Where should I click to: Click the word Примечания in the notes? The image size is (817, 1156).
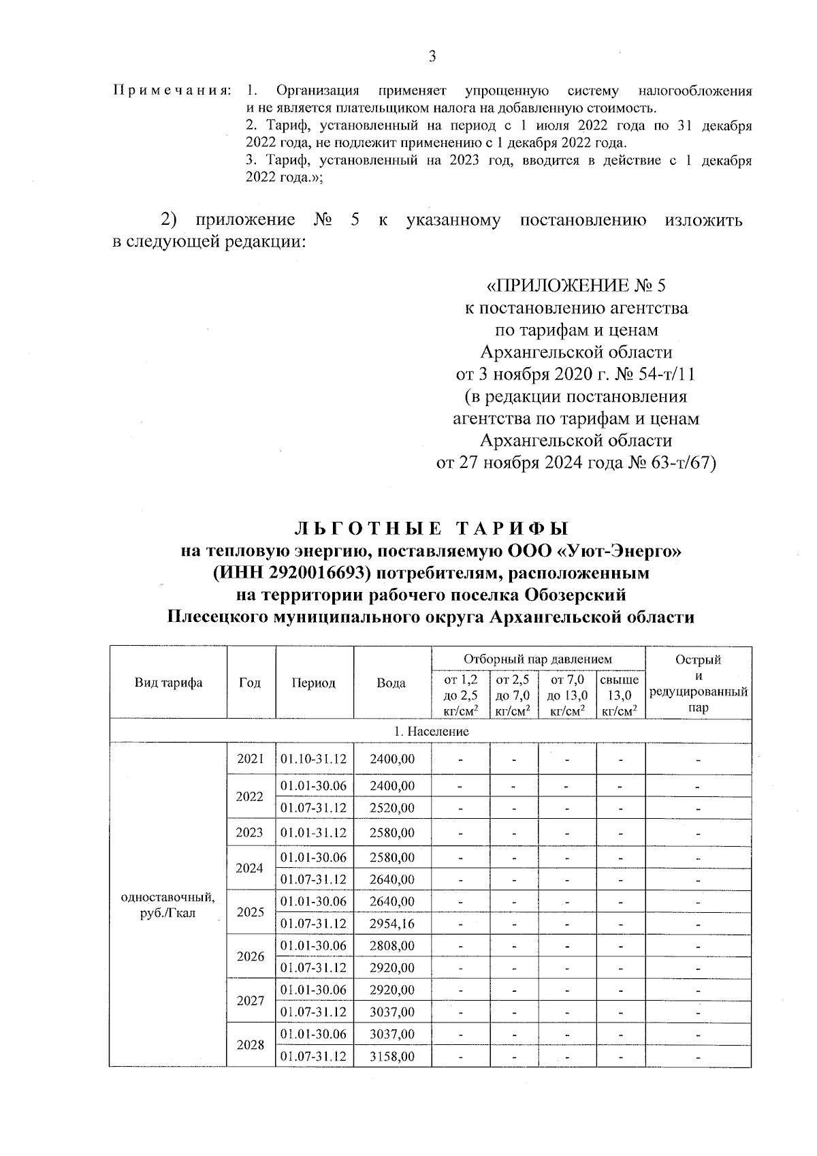pos(172,91)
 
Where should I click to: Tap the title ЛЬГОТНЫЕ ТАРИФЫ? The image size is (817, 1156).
pos(430,529)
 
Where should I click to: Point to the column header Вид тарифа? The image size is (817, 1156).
pos(168,683)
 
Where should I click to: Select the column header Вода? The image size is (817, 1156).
pos(391,683)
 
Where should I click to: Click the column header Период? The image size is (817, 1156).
pos(314,683)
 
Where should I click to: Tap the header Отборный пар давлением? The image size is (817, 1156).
pos(538,659)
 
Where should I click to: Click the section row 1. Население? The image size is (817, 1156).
pos(430,731)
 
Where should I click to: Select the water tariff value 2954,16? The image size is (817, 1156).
pos(391,924)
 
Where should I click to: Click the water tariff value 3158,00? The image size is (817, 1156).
pos(391,1057)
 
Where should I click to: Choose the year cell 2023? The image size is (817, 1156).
pos(250,832)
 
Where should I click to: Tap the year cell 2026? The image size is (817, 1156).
pos(250,956)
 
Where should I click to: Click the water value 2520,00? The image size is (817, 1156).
pos(391,808)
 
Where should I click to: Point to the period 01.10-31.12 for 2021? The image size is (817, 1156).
pos(314,759)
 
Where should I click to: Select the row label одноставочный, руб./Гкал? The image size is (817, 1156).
pos(167,905)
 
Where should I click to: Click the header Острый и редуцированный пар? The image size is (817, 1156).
pos(698,683)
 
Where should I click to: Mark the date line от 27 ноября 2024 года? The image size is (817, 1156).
pos(576,463)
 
